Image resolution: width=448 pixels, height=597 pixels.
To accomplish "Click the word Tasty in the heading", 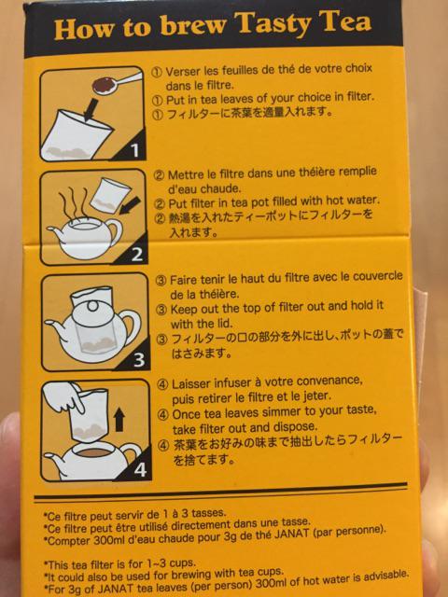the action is coord(273,23).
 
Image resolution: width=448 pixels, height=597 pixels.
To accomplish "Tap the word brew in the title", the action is coord(193,26).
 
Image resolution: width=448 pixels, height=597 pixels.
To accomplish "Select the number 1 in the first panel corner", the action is coord(134,151).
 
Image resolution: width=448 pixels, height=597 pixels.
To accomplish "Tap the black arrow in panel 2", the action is coord(130,206).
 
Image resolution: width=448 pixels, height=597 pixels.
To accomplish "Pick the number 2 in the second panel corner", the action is coord(137,255).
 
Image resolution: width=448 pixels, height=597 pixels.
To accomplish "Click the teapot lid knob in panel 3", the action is coord(91,306).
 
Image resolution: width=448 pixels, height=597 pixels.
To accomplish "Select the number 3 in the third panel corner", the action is coord(139,360).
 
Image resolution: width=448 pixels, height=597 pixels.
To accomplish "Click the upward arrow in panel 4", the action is coord(119,419).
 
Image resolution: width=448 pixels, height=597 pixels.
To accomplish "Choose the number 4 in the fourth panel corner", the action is coord(140,469).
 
